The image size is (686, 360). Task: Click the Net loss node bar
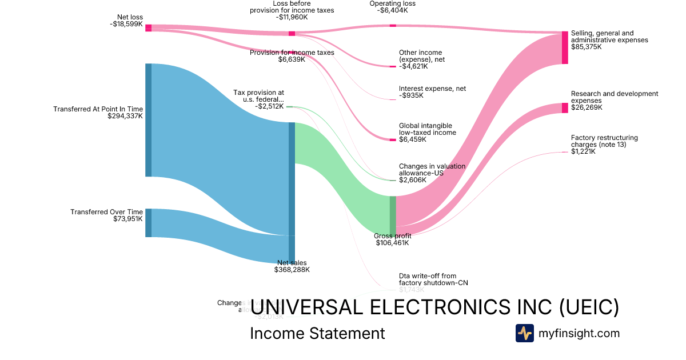point(148,28)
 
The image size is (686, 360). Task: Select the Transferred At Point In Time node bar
point(148,120)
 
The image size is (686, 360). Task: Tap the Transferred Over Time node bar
point(148,223)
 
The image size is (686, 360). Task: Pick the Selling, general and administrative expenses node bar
point(565,47)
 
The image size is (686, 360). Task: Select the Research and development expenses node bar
point(565,108)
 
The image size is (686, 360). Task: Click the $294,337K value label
point(125,116)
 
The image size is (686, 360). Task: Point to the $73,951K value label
point(128,219)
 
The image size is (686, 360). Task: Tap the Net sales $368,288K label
point(292,266)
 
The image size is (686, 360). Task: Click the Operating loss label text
point(393,3)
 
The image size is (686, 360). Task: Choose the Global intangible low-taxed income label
point(427,129)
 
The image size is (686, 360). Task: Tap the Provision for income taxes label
point(292,53)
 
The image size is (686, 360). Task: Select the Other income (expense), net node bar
point(393,67)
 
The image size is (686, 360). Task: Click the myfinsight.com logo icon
point(524,333)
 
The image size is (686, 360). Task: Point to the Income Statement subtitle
point(317,333)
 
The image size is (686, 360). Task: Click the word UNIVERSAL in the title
point(305,307)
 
